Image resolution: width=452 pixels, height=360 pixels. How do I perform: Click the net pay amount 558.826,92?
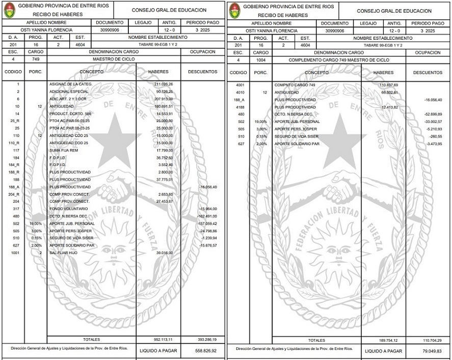tap(206, 351)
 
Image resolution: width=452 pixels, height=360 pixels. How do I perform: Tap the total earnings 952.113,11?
tap(163, 339)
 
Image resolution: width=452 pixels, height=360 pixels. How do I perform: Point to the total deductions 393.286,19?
tap(206, 339)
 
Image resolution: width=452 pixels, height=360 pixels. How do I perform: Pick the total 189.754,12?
tap(388, 340)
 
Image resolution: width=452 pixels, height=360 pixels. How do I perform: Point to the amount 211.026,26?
tap(164, 84)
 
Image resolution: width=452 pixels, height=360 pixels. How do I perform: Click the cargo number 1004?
tap(261, 60)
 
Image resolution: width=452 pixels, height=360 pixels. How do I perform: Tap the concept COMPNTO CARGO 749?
tap(295, 85)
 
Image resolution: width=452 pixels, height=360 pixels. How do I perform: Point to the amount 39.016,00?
tap(164, 253)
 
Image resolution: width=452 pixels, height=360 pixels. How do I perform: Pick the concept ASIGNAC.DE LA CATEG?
tap(70, 84)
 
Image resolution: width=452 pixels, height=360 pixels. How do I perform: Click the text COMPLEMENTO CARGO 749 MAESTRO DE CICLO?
tap(338, 60)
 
